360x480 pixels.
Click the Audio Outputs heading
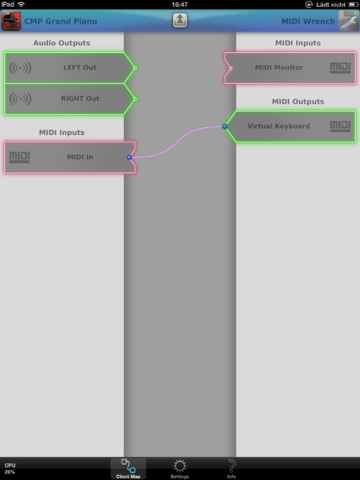click(61, 43)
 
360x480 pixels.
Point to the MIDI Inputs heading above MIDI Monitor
click(297, 43)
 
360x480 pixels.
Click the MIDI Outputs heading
click(297, 101)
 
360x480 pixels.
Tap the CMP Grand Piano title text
click(67, 20)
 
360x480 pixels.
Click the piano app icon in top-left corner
click(11, 20)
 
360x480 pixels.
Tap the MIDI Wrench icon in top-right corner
click(349, 20)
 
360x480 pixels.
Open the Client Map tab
click(128, 468)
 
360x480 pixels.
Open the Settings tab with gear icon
click(180, 468)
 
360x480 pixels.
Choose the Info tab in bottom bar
click(231, 468)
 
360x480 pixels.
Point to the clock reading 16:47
click(180, 5)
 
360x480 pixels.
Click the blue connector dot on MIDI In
click(130, 157)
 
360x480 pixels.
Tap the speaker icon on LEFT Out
click(21, 68)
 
